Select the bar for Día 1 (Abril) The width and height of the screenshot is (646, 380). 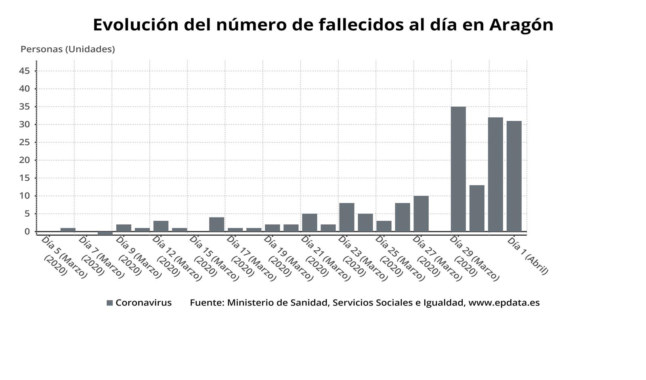(514, 176)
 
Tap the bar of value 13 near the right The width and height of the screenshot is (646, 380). (477, 208)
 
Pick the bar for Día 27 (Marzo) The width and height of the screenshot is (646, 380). (421, 213)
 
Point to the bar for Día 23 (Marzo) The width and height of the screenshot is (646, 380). (347, 217)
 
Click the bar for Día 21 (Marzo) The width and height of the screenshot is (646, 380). (310, 222)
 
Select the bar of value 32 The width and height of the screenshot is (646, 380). (495, 174)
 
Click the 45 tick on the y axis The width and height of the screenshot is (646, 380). (24, 71)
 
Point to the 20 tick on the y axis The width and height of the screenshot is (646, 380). (24, 160)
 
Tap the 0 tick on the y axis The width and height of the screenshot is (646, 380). (27, 232)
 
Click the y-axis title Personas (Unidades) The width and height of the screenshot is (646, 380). (68, 49)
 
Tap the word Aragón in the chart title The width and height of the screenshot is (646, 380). (521, 25)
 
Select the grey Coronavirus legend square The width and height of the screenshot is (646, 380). (110, 303)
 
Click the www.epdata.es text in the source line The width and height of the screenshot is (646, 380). (504, 303)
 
